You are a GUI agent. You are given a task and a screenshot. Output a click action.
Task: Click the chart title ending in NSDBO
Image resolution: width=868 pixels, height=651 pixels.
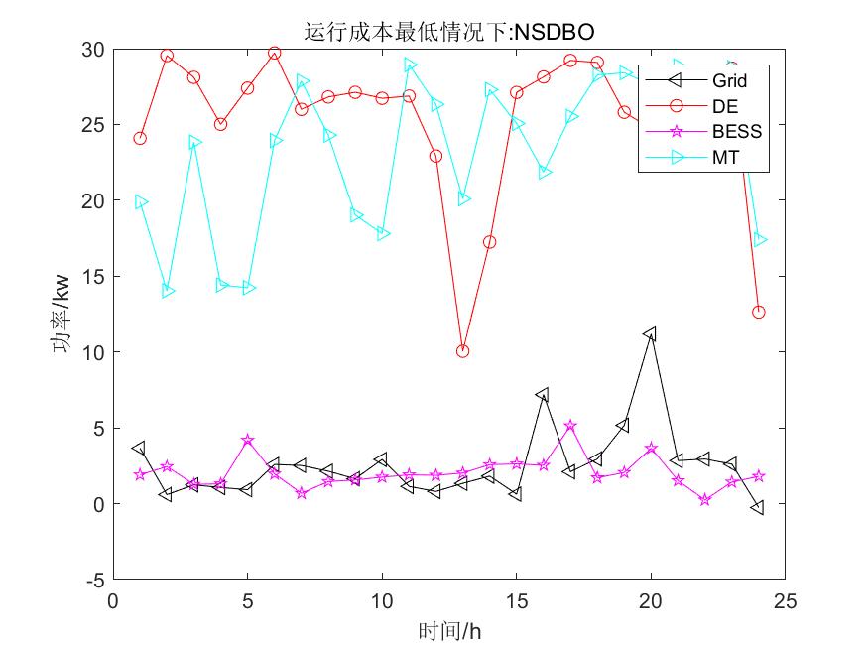448,33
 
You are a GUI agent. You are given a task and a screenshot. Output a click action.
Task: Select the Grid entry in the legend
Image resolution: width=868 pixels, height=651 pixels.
729,81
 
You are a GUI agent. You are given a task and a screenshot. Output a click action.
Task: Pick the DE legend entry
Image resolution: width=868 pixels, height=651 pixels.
725,106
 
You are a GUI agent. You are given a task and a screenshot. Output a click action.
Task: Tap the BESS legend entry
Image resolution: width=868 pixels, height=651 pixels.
736,131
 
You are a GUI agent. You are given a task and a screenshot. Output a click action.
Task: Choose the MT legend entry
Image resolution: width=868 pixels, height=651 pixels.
725,156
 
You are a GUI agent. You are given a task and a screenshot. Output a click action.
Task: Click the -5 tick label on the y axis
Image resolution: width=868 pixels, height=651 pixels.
94,580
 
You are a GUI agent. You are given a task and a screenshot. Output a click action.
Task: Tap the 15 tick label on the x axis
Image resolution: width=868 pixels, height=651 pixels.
516,601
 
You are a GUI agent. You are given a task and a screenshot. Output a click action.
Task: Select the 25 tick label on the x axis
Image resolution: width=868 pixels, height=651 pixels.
785,601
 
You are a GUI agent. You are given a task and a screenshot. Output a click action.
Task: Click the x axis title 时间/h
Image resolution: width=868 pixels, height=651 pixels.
449,631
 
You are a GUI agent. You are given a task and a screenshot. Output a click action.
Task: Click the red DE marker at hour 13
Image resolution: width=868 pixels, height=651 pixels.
462,351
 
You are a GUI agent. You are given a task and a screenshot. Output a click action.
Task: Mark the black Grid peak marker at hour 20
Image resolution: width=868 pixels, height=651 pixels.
651,334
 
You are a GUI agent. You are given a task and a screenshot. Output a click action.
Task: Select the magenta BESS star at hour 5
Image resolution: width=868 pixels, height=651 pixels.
248,440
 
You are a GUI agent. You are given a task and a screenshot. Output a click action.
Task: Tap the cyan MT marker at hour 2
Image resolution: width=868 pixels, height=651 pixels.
168,291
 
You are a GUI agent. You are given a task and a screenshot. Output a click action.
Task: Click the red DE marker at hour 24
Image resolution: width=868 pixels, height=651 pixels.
759,312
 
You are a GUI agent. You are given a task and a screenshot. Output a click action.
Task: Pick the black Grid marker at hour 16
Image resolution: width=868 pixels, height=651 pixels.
543,394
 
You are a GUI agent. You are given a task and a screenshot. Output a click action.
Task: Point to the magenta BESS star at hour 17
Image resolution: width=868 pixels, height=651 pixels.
570,426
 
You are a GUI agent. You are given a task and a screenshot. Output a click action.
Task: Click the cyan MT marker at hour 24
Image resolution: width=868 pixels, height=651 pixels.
760,239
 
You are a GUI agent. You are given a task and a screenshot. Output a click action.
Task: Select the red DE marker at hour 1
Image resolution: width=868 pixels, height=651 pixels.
140,138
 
